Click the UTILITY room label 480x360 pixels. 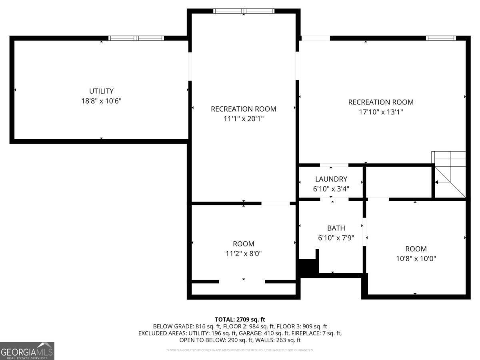[101, 91]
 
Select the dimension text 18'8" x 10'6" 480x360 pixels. [101, 101]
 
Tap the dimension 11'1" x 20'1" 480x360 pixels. [243, 119]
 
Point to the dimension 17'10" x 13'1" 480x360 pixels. [381, 112]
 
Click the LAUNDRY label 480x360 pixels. [331, 179]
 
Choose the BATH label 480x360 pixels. [336, 228]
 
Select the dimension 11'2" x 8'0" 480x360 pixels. [243, 253]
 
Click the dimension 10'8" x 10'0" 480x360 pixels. [416, 258]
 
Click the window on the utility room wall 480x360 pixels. [136, 38]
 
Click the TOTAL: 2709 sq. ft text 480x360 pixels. [240, 319]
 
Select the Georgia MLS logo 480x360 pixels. [27, 351]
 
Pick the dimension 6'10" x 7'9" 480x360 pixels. [336, 238]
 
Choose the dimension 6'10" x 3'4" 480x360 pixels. [331, 189]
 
